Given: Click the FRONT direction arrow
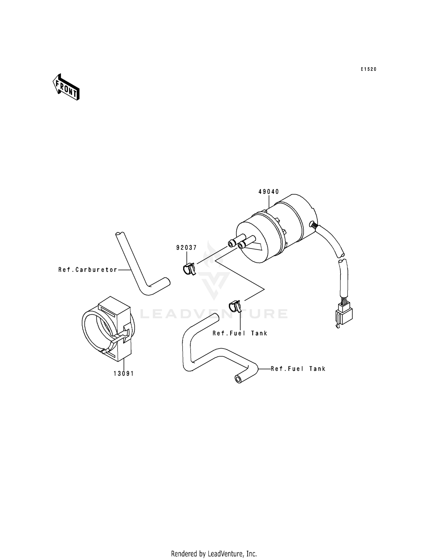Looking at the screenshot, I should pyautogui.click(x=66, y=87).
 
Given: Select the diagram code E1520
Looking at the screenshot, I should pyautogui.click(x=368, y=69).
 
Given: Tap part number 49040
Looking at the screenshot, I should pyautogui.click(x=268, y=192).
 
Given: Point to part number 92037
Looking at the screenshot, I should pyautogui.click(x=186, y=248).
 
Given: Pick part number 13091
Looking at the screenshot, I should pyautogui.click(x=124, y=373).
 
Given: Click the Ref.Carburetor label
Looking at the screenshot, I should pyautogui.click(x=88, y=270).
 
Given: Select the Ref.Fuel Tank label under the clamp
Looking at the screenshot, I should pyautogui.click(x=240, y=333).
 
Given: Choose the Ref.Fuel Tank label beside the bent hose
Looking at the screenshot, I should pyautogui.click(x=298, y=369).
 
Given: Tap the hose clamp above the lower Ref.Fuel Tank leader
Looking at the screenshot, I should pyautogui.click(x=235, y=306).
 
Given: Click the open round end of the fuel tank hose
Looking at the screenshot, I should pyautogui.click(x=238, y=379).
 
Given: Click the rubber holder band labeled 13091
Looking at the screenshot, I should pyautogui.click(x=108, y=328).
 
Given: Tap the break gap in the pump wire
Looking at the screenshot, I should pyautogui.click(x=342, y=257).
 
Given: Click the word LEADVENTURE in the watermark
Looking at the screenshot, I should pyautogui.click(x=214, y=314).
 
